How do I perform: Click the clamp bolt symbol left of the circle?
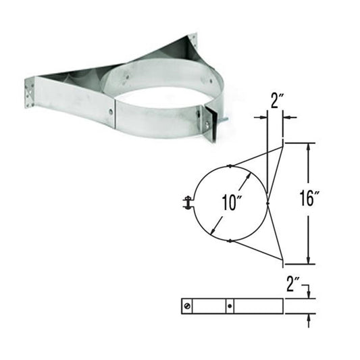186,201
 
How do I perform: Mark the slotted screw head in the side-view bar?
187,306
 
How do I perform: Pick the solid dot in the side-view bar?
231,306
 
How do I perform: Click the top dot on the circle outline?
230,165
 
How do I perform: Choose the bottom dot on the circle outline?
230,240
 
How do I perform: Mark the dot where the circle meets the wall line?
268,202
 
